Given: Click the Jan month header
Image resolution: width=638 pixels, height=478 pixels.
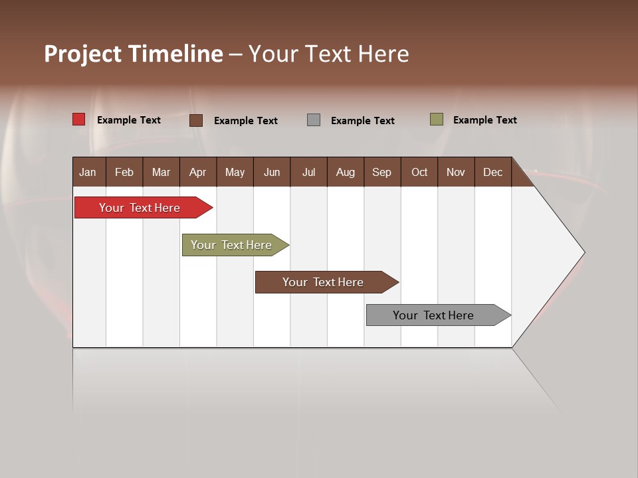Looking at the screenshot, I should (x=88, y=172).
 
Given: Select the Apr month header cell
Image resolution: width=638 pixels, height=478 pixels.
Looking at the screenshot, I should (x=198, y=172).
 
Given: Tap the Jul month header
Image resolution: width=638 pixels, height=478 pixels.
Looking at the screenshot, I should (x=308, y=172).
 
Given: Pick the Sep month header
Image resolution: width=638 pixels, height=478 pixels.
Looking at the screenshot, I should (x=382, y=172).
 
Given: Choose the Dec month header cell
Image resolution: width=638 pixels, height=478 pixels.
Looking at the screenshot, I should (x=492, y=172).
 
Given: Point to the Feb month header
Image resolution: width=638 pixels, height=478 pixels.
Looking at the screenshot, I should (x=124, y=172).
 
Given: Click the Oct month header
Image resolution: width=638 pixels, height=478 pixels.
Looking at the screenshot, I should (x=419, y=172).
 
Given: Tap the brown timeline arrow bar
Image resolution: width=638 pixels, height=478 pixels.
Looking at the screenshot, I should (x=324, y=282).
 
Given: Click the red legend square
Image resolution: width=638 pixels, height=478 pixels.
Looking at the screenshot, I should (x=79, y=119).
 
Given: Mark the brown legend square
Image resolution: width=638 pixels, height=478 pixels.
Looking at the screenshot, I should (x=196, y=120).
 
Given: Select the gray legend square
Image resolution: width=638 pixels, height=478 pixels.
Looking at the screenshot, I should (x=314, y=120).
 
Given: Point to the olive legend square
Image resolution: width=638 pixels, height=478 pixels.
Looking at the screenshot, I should (x=437, y=119).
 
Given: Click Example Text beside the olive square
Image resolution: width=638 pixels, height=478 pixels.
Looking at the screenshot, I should (x=484, y=120).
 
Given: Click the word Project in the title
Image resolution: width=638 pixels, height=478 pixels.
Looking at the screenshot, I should (x=83, y=54).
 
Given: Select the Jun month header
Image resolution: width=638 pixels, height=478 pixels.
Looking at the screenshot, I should (x=272, y=172).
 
